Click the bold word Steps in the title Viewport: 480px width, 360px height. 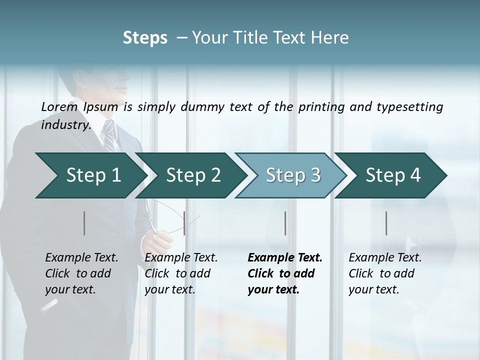(x=145, y=38)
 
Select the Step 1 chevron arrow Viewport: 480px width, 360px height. (x=90, y=175)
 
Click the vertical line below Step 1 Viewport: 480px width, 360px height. (x=84, y=223)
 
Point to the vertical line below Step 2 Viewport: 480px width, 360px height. (x=184, y=223)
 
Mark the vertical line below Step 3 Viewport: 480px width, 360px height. (x=285, y=223)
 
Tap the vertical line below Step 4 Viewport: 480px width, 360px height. (x=386, y=223)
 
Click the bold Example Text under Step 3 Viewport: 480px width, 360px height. (x=285, y=258)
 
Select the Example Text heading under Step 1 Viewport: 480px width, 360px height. (x=81, y=258)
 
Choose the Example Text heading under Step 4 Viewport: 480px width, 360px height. (x=385, y=258)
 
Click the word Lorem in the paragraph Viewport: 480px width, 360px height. (x=59, y=106)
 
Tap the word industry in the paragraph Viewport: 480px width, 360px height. (x=65, y=124)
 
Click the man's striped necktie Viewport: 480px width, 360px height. (x=108, y=135)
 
